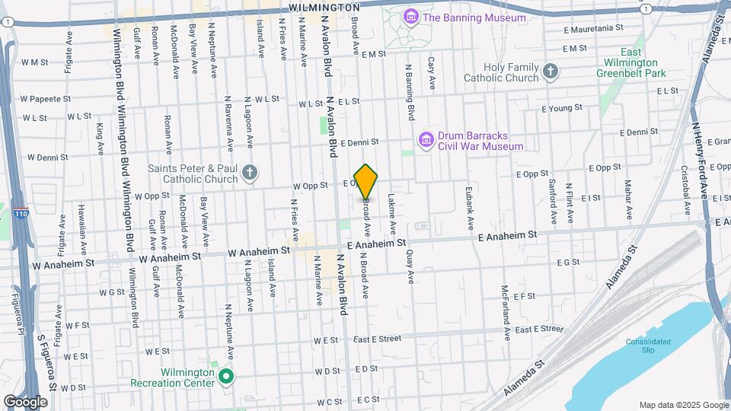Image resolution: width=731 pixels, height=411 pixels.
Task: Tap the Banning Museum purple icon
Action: pos(411,17)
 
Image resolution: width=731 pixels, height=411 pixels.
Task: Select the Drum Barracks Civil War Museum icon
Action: pos(426,140)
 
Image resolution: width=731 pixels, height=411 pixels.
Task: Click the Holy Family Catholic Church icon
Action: pos(551,72)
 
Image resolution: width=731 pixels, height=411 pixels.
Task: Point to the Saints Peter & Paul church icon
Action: pos(249,173)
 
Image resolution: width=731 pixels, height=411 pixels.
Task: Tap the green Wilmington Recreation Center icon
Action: pos(225,376)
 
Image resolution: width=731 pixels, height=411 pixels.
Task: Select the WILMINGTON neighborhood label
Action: pos(324,7)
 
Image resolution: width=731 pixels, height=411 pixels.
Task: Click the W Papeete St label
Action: pos(45,99)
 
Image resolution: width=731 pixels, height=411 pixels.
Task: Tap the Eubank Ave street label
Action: pos(470,211)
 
